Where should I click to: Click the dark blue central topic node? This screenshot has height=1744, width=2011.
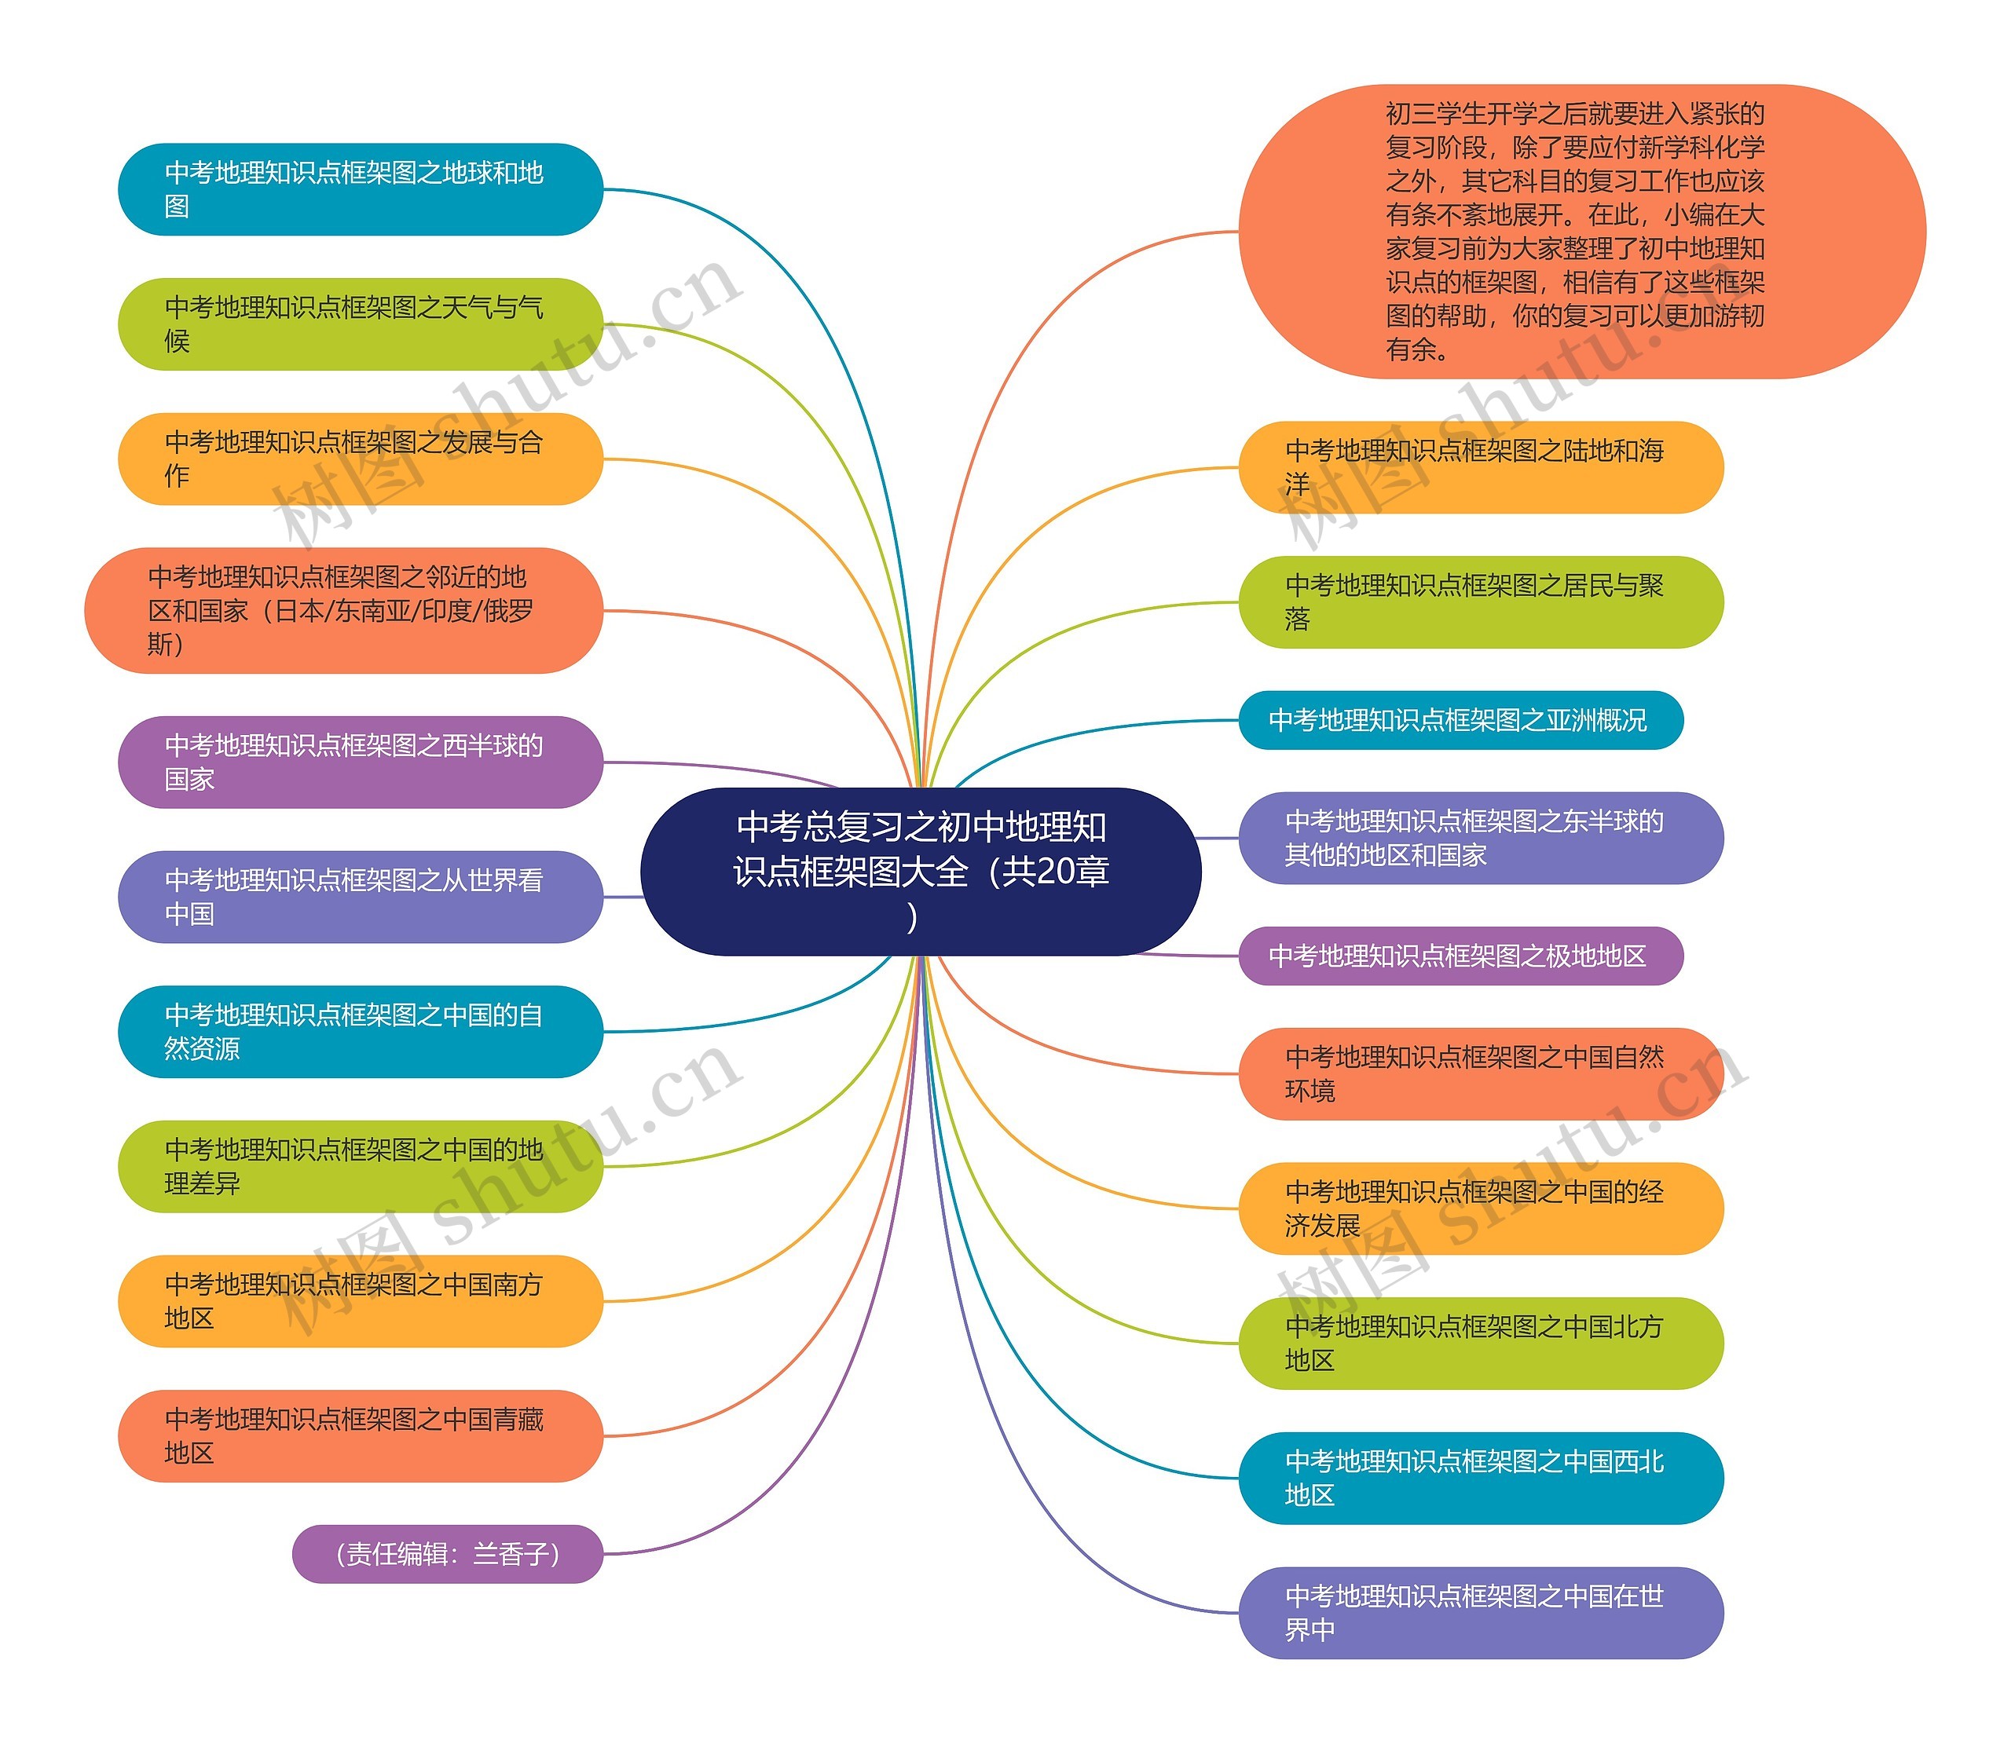tap(920, 870)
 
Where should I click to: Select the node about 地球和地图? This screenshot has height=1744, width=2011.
tap(360, 190)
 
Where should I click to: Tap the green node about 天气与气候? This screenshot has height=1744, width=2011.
tap(360, 324)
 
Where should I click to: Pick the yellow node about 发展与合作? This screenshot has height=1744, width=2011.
tap(360, 459)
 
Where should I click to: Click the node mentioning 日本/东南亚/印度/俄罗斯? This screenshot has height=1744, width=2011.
tap(343, 610)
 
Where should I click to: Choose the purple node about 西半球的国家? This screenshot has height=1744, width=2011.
tap(360, 762)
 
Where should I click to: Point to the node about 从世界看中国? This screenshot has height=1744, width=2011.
tap(360, 896)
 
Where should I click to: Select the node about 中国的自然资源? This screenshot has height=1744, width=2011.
tap(360, 1032)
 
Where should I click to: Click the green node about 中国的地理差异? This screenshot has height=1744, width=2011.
tap(360, 1166)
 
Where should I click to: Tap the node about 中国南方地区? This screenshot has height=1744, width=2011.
tap(360, 1301)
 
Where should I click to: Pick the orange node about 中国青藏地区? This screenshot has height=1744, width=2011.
tap(360, 1435)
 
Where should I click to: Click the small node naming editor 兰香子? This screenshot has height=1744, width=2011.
tap(448, 1553)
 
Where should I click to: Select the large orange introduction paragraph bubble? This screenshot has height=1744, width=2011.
tap(1582, 232)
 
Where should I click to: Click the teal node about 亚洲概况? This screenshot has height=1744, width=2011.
tap(1460, 720)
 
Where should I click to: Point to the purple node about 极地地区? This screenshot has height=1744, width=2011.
tap(1460, 956)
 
